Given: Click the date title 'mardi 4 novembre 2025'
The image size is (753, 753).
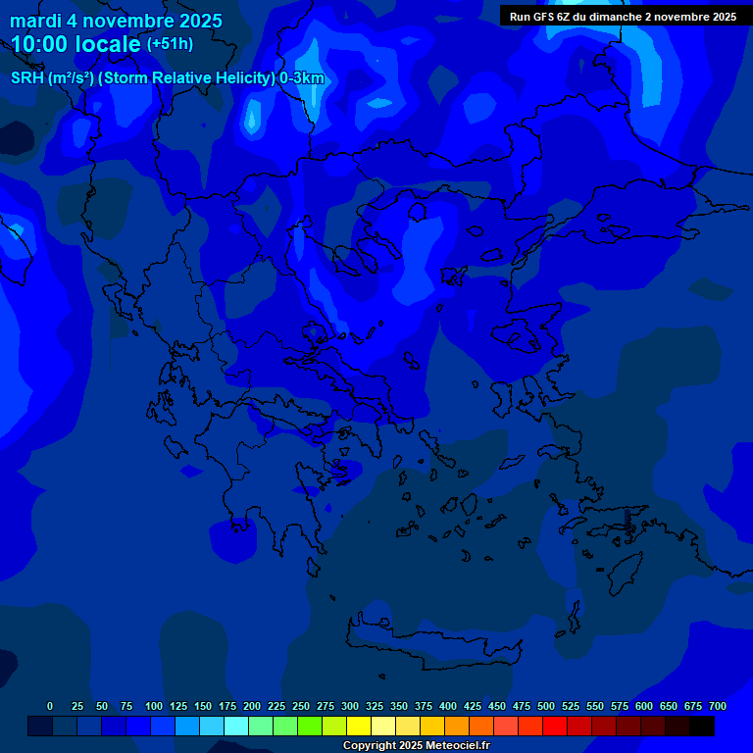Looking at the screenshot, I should [x=116, y=21].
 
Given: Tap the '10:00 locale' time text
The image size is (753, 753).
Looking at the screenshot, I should [x=75, y=44].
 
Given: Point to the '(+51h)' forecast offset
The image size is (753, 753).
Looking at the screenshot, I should [x=170, y=44].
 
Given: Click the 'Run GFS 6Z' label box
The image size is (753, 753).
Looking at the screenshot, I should [x=623, y=17].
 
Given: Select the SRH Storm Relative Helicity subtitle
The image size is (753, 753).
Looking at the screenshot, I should [x=167, y=78].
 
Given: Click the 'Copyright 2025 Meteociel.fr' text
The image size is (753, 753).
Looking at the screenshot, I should [x=416, y=745].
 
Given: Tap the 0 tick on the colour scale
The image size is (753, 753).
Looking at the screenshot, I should [x=50, y=706].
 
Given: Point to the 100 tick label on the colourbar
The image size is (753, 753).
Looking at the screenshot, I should [x=154, y=706].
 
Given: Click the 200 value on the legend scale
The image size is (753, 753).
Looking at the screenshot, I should [x=252, y=706].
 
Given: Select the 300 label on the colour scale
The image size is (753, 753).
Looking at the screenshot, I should [x=350, y=706].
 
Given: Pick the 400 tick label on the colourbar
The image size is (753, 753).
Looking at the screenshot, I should [x=448, y=706].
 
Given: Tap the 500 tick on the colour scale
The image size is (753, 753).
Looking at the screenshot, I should [x=546, y=706].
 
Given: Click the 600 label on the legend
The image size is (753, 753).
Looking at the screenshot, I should [x=644, y=706].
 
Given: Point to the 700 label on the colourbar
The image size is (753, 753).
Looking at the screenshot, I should [x=718, y=706].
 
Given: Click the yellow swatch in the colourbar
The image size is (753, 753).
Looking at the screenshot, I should [x=359, y=726].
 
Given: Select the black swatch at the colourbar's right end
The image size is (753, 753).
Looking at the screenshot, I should [x=702, y=726].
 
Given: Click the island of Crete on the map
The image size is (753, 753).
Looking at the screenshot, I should [x=431, y=642].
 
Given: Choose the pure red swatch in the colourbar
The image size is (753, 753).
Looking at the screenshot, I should [x=555, y=726].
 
